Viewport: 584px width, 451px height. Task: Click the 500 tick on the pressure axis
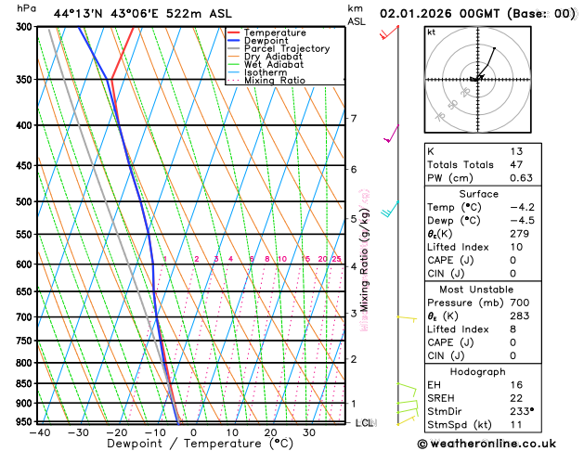(25, 201)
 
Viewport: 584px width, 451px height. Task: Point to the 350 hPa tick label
(25, 80)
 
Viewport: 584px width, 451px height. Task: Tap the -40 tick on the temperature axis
(39, 432)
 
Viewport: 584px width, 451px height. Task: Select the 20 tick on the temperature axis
(270, 432)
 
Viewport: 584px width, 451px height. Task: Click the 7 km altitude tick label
(353, 119)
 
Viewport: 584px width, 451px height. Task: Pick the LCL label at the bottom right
(364, 423)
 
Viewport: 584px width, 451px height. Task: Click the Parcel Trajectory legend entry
(287, 48)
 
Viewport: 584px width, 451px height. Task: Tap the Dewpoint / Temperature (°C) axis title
(193, 445)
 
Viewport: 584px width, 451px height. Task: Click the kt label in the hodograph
(431, 32)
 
